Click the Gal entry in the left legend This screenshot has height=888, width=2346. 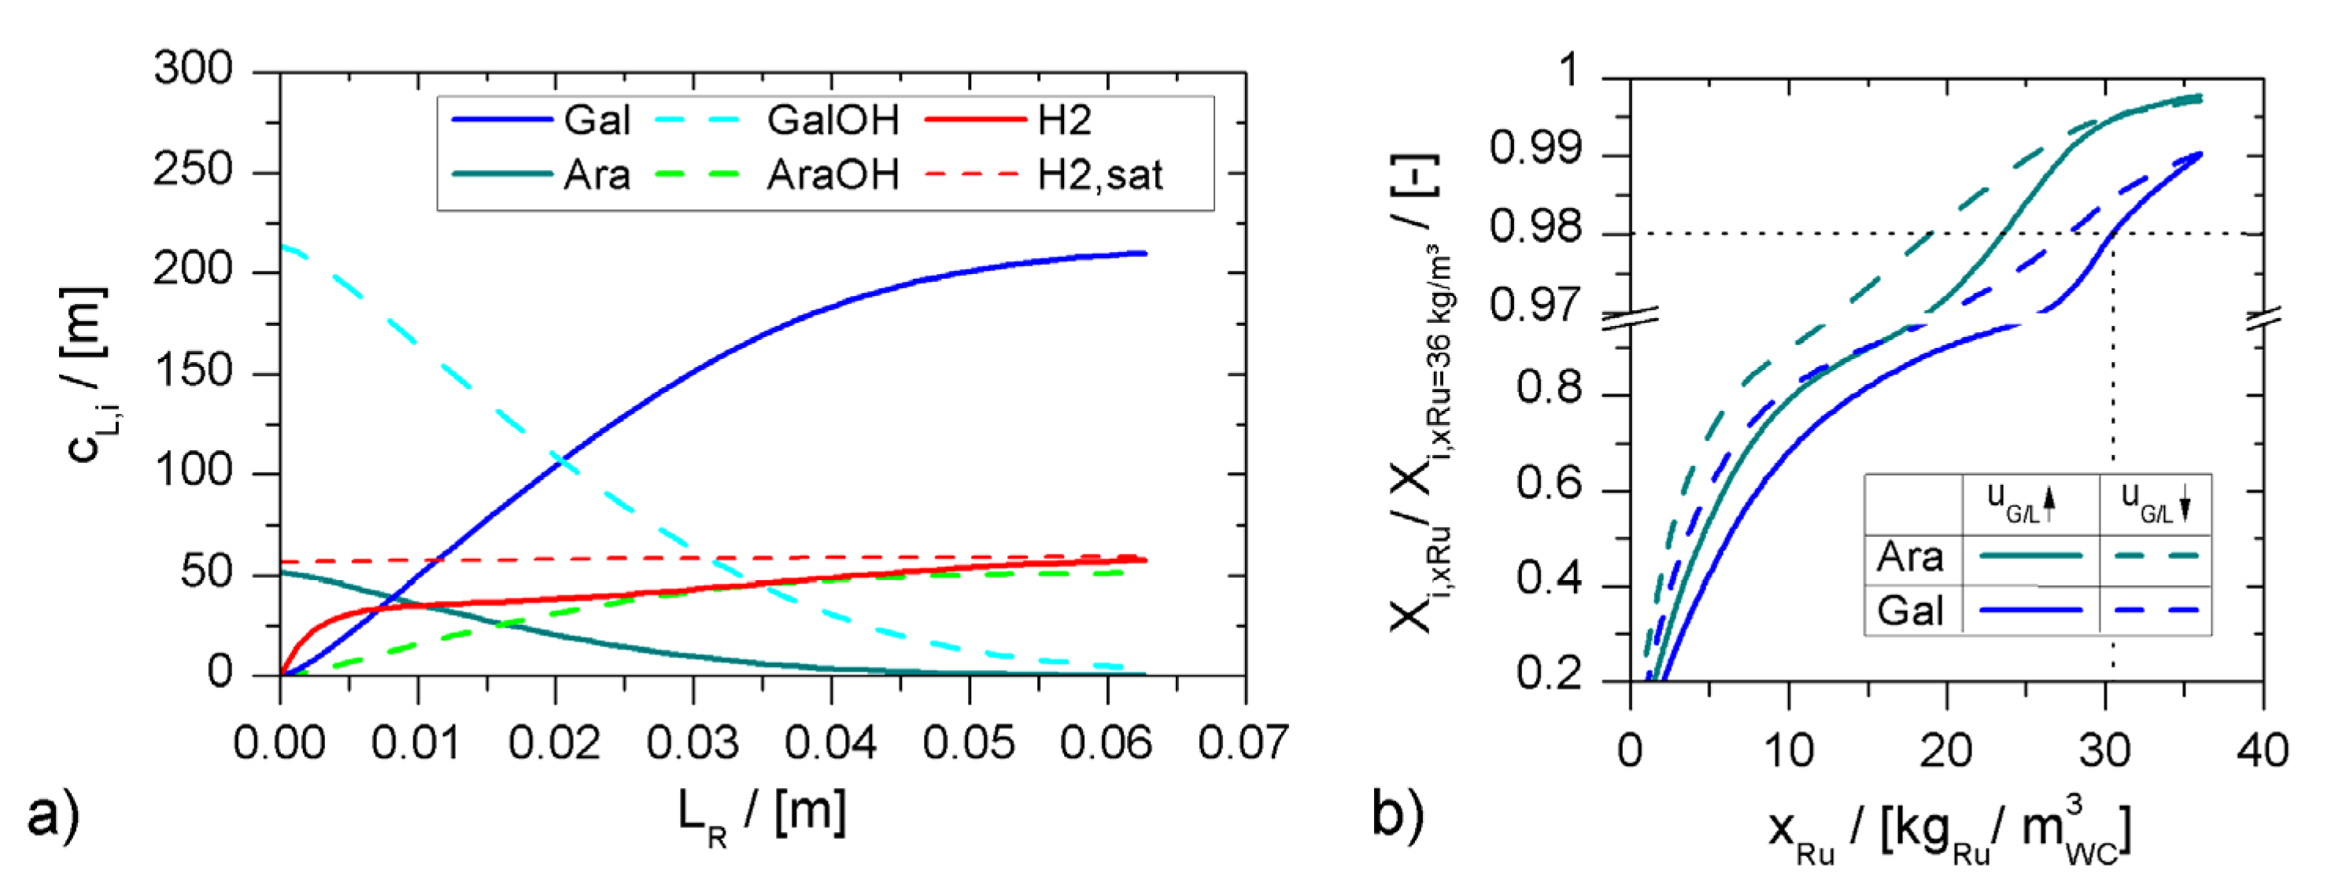point(597,120)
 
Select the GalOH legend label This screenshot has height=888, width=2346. point(833,120)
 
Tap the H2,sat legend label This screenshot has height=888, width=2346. point(1100,175)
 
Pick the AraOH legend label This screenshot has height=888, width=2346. point(833,175)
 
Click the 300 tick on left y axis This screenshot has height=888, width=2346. point(193,69)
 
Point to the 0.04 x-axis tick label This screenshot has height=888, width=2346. point(829,743)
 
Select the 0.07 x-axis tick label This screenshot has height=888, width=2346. point(1243,743)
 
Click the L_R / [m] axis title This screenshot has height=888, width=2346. point(761,813)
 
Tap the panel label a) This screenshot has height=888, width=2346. point(53,813)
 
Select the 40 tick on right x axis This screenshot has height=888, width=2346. point(2263,751)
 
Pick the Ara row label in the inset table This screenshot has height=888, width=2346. point(1909,557)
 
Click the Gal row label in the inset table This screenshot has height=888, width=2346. point(1909,610)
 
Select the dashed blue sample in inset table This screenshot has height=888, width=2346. point(2155,609)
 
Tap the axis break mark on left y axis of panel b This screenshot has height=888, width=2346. point(1629,318)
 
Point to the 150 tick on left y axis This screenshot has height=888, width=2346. point(193,372)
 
